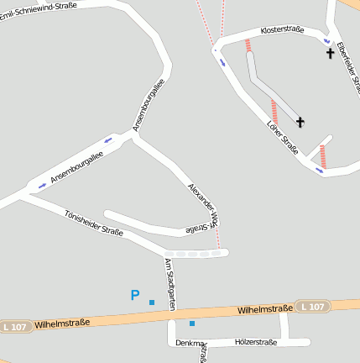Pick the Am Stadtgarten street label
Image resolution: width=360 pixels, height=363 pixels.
[170, 284]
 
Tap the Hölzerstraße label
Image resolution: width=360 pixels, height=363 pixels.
[256, 342]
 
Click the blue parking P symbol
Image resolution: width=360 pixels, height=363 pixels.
[134, 295]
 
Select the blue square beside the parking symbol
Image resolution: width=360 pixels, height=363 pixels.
[152, 302]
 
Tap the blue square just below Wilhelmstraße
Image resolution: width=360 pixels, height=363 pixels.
[192, 323]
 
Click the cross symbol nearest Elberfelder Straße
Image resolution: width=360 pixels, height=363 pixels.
[330, 54]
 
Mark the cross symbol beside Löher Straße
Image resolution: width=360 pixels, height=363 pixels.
[300, 123]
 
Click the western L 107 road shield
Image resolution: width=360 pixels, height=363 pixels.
[16, 326]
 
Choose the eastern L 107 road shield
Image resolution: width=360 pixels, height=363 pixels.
[312, 307]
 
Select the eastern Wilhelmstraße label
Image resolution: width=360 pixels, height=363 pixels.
[264, 309]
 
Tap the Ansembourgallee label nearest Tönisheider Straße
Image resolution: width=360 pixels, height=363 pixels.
[76, 167]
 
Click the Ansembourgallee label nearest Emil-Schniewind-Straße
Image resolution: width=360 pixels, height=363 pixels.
[148, 106]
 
